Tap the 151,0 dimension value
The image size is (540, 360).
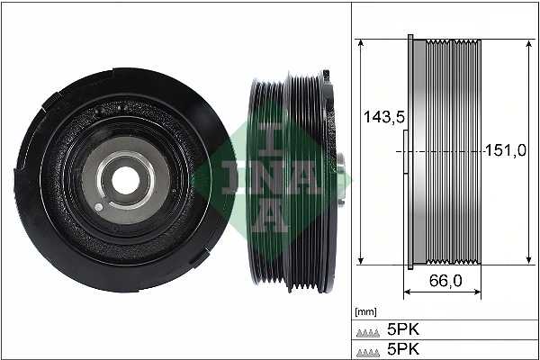506,150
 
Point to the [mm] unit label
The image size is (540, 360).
365,312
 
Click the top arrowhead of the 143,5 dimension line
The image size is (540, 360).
360,43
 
